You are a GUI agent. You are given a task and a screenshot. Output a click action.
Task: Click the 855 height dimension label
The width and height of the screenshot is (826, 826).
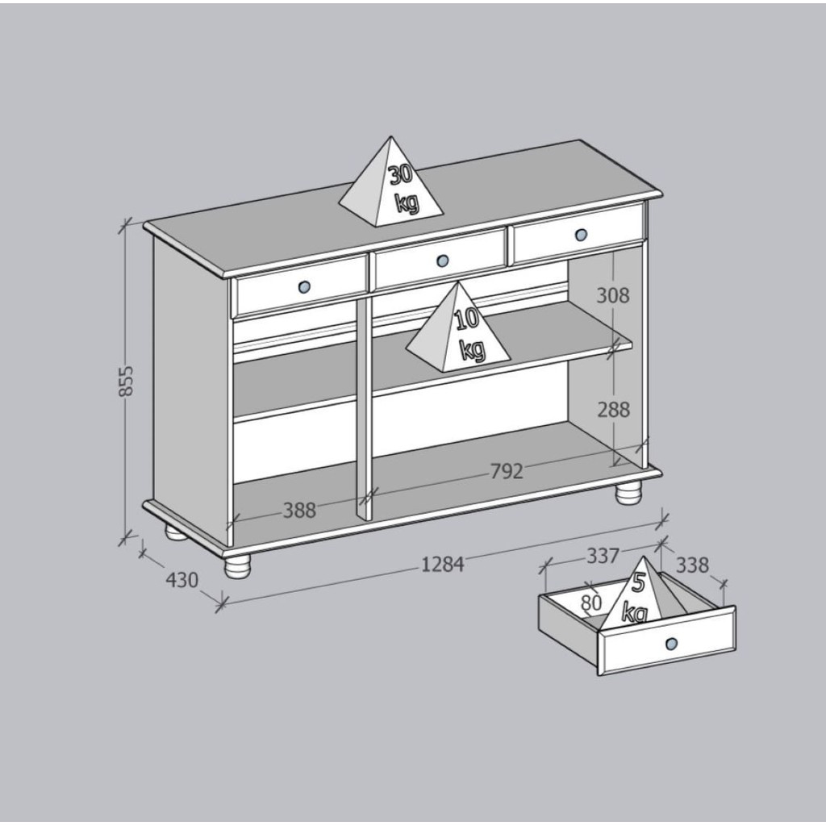point(126,380)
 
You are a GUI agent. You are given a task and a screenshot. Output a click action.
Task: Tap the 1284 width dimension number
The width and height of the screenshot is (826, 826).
point(443,564)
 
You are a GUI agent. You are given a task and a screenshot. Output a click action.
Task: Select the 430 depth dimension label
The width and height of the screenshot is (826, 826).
point(181,579)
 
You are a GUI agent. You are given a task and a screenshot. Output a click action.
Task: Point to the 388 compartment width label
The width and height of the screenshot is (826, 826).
point(299,510)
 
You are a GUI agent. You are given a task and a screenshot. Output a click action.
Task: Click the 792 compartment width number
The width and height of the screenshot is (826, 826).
point(507,470)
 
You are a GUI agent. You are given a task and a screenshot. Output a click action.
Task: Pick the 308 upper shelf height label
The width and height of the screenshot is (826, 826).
point(613,295)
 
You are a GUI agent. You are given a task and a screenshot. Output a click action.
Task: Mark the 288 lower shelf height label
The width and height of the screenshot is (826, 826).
point(613,410)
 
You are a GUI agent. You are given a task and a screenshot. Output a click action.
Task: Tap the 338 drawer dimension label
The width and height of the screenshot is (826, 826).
point(692,565)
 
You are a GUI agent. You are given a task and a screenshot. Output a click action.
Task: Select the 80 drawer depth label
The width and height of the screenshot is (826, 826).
point(590,602)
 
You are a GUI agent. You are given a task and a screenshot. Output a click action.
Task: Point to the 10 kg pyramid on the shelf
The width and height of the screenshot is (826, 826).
point(459,331)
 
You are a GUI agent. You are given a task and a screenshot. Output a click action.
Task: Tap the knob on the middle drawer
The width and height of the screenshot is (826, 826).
point(441,261)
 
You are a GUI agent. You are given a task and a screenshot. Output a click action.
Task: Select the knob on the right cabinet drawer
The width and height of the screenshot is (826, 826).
point(581,235)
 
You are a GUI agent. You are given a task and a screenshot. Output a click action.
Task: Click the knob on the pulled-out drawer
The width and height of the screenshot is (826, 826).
point(671,643)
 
